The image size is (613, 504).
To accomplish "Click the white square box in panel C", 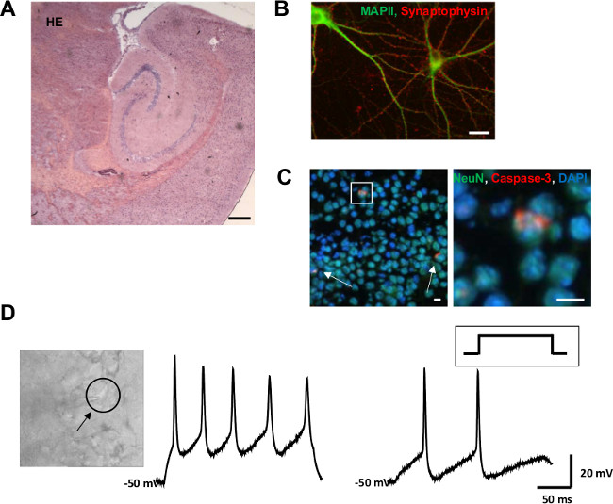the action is pyautogui.click(x=362, y=193).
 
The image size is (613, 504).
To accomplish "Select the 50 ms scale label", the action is pyautogui.click(x=555, y=494).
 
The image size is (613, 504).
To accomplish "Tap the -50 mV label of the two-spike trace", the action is pyautogui.click(x=371, y=483).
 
